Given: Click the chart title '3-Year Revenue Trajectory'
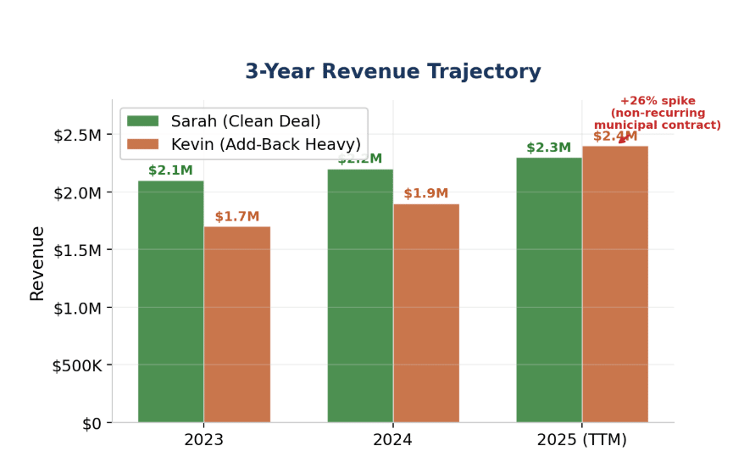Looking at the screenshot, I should point(392,72).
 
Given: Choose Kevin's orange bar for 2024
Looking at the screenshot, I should point(426,313).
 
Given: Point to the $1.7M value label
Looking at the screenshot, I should point(237,217).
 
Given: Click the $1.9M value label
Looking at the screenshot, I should point(426,194).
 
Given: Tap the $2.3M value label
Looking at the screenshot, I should point(548,148).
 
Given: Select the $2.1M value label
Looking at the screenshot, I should point(170,170).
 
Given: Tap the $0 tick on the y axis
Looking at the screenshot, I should point(91,423).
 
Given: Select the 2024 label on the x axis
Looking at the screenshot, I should point(393,440).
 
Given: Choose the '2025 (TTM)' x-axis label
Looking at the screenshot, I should point(582,440).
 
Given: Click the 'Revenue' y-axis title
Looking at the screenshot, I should point(37,263).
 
